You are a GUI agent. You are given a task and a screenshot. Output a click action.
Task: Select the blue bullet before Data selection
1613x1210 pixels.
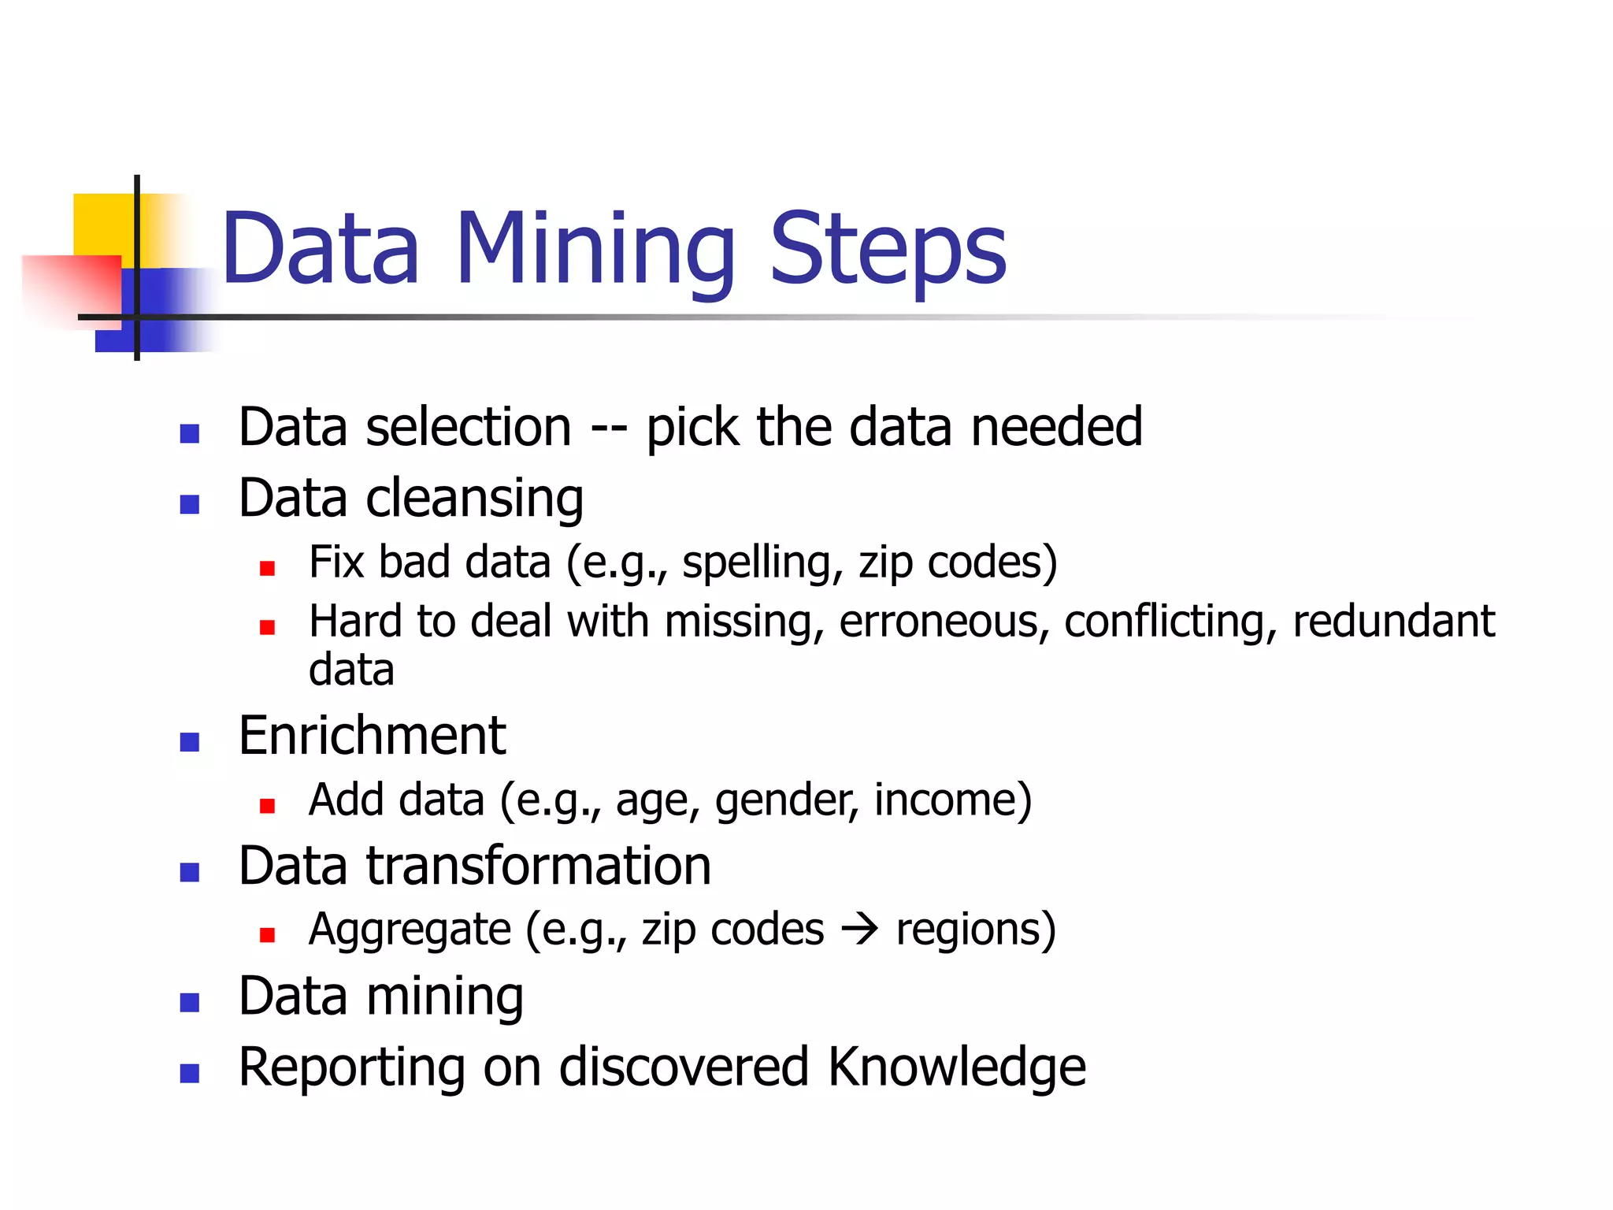[x=189, y=433]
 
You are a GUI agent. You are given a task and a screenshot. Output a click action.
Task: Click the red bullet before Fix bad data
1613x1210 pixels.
[x=267, y=568]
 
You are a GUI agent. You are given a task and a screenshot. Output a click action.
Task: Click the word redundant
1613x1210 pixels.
[x=1393, y=622]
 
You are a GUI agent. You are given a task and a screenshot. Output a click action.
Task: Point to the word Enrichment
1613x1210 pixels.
[x=372, y=736]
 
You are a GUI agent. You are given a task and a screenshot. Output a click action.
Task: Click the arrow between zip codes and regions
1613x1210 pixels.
[x=859, y=930]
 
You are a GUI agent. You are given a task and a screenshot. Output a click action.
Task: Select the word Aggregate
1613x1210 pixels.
[x=410, y=930]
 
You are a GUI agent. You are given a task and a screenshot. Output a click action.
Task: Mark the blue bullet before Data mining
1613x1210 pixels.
[x=189, y=1003]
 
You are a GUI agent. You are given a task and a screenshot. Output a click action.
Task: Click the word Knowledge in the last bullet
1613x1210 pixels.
[x=957, y=1067]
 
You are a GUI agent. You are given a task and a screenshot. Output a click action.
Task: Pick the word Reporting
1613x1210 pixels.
[x=351, y=1067]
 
